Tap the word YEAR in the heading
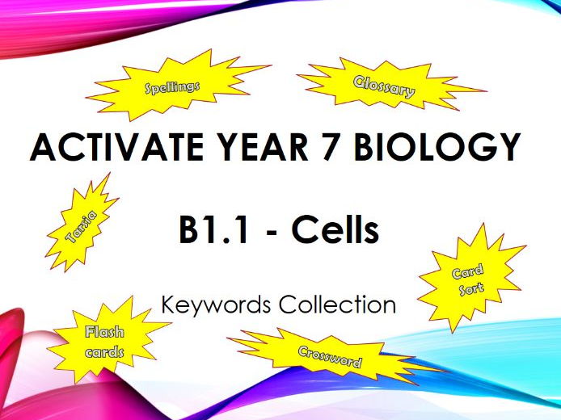click(263, 147)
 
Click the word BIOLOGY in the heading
click(437, 147)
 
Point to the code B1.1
click(213, 230)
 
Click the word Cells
click(335, 230)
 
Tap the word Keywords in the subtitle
click(216, 305)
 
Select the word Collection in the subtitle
click(337, 304)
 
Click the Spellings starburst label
click(172, 87)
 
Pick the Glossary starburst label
click(384, 87)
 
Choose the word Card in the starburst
click(467, 271)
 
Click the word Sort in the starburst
click(471, 288)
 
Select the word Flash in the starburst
click(104, 332)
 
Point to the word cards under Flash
click(104, 352)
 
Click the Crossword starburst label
click(330, 357)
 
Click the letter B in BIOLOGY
click(364, 147)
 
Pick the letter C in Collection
click(287, 304)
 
